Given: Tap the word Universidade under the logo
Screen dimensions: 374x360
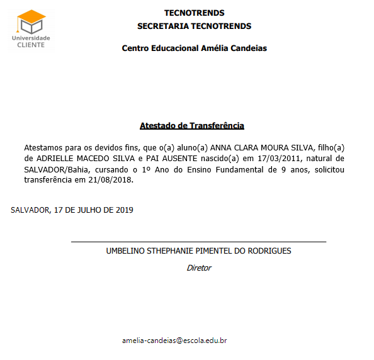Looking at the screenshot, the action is pyautogui.click(x=31, y=38).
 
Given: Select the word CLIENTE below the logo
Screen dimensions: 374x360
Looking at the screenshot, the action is pyautogui.click(x=31, y=45).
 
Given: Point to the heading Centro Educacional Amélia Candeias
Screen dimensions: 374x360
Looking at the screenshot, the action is pyautogui.click(x=194, y=48).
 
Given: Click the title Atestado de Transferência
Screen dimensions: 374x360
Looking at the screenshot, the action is pyautogui.click(x=191, y=126).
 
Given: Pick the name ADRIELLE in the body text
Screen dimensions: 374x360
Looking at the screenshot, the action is pyautogui.click(x=55, y=158).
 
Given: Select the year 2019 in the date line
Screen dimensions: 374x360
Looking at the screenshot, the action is pyautogui.click(x=123, y=210).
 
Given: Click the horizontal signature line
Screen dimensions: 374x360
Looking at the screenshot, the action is pyautogui.click(x=198, y=241).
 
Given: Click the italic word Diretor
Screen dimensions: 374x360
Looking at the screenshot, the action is pyautogui.click(x=199, y=267).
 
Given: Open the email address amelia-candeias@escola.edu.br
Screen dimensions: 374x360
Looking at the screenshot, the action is pyautogui.click(x=174, y=340).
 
